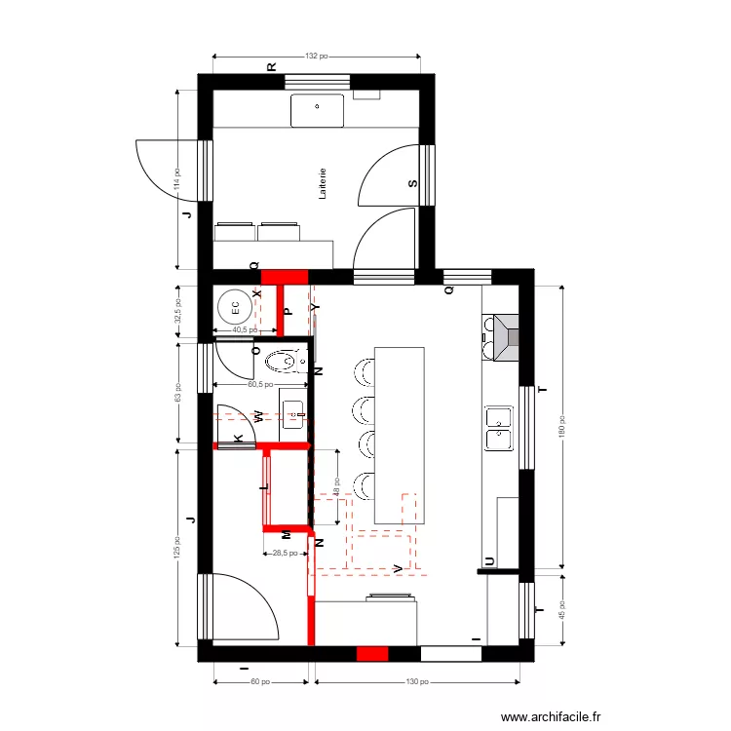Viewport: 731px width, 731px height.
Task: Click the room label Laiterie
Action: tap(323, 184)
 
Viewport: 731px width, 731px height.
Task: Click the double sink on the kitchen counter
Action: tap(499, 428)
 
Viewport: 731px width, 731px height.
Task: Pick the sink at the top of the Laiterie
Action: tap(318, 110)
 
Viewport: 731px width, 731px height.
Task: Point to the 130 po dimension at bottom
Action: tap(416, 682)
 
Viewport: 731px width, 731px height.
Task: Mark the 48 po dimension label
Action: tap(336, 484)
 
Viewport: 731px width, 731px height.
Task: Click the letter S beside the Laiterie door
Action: tap(412, 183)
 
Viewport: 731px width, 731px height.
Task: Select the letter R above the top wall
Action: tap(272, 66)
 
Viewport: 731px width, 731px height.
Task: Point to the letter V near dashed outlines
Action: tap(397, 568)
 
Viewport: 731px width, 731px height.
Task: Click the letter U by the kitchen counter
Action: tap(489, 560)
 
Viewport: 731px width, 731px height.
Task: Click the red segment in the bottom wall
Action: tap(372, 654)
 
